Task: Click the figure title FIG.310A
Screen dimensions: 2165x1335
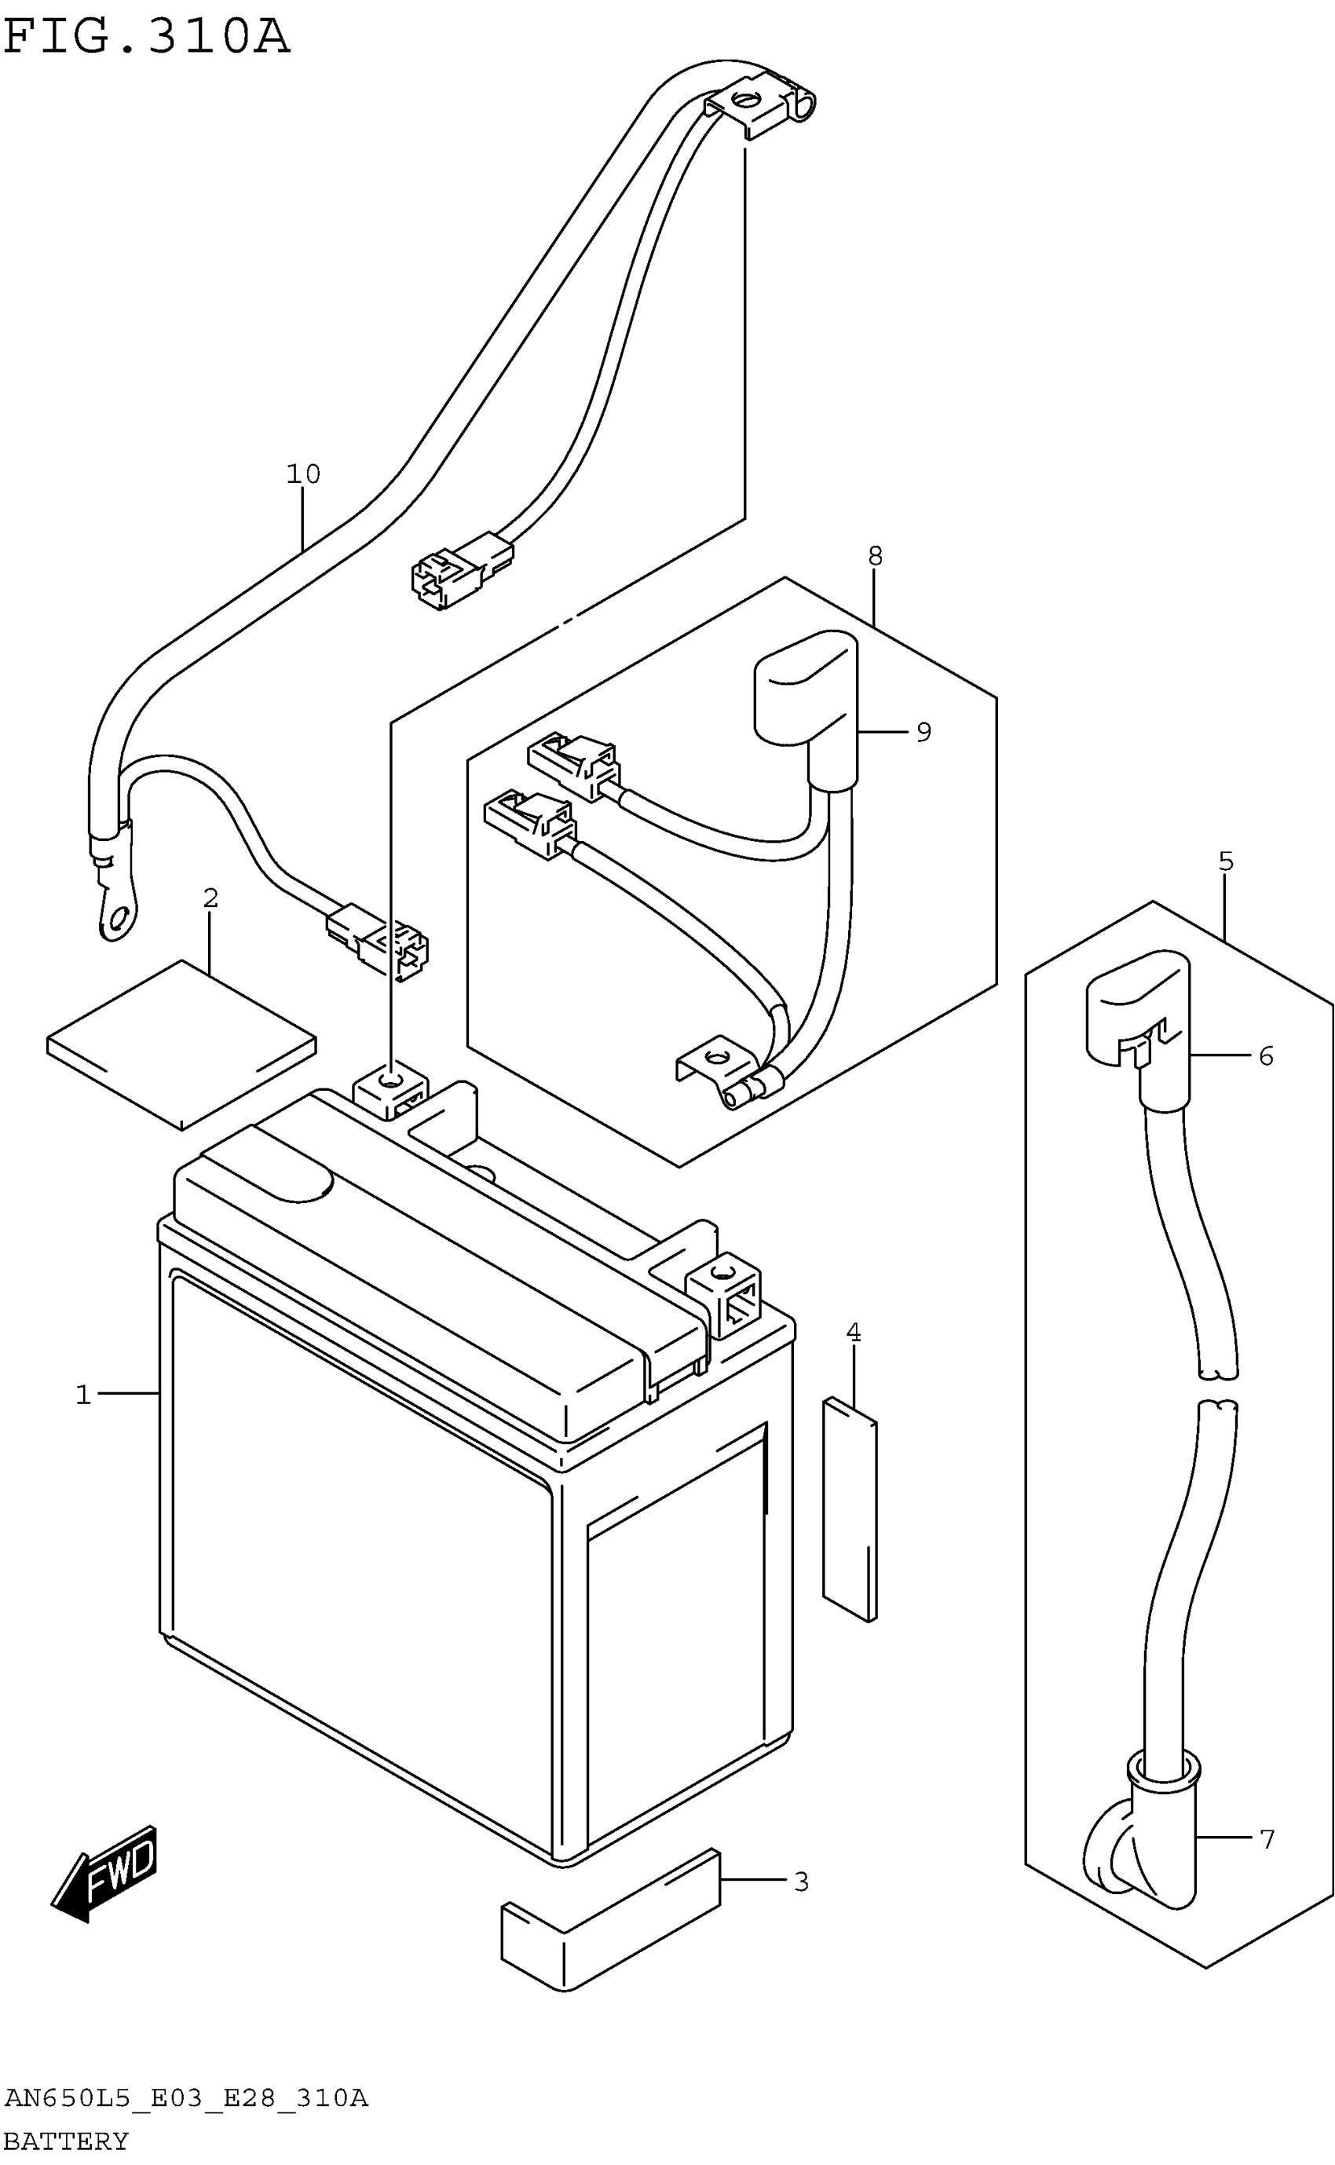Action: [x=147, y=37]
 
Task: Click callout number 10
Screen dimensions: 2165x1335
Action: [x=303, y=474]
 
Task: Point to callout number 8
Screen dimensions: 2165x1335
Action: [x=874, y=555]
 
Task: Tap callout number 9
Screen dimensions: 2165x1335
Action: [x=924, y=732]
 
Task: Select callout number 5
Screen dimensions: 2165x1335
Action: [x=1226, y=861]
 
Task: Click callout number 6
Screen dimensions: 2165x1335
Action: [x=1266, y=1056]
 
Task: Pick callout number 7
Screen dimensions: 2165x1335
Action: [x=1267, y=1838]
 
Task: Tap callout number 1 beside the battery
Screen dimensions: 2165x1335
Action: [x=83, y=1394]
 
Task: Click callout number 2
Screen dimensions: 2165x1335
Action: [x=210, y=898]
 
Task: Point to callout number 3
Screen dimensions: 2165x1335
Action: [x=801, y=1882]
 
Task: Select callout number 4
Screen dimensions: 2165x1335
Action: [x=853, y=1333]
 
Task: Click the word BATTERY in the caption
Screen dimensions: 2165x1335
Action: [x=66, y=2141]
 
